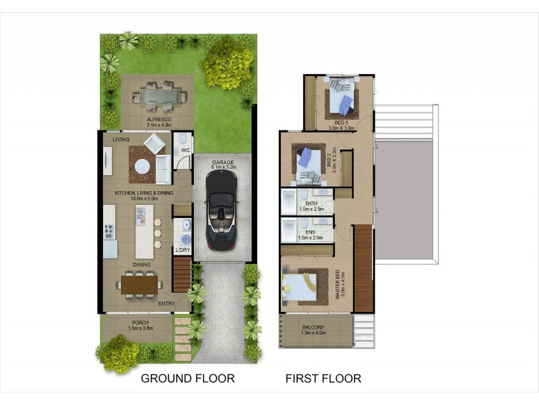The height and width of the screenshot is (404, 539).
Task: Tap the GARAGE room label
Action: tap(222, 163)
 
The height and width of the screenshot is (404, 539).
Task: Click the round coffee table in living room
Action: tap(141, 166)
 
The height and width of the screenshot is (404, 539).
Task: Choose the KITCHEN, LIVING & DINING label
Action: tap(144, 193)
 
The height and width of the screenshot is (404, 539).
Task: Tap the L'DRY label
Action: tap(183, 250)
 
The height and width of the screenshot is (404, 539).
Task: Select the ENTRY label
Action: tap(166, 304)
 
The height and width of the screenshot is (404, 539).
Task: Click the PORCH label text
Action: tap(141, 321)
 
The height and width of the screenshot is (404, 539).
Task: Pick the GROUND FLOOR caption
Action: tap(187, 378)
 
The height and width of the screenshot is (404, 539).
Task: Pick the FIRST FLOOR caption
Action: tap(323, 378)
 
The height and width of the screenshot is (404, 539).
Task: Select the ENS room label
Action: tap(311, 232)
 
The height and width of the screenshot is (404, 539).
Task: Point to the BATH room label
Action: tap(311, 203)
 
